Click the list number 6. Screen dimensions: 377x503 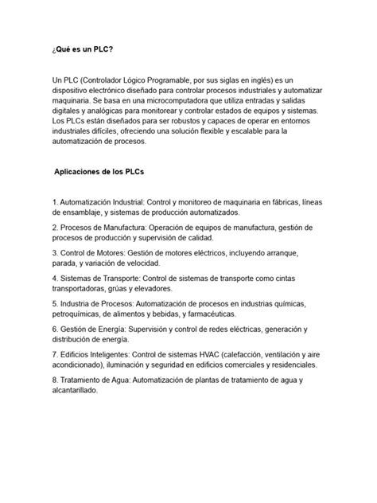[55, 329]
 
